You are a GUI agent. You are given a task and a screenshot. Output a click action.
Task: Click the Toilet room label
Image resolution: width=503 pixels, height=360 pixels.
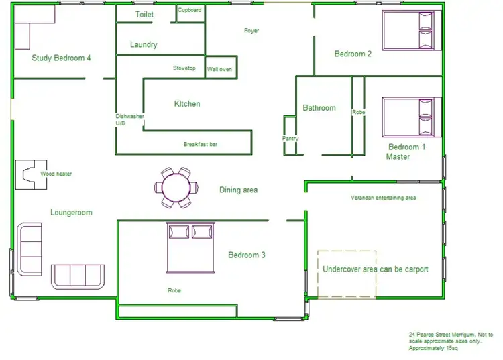(144, 14)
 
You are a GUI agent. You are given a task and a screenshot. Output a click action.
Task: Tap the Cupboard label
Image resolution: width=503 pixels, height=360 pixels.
(190, 10)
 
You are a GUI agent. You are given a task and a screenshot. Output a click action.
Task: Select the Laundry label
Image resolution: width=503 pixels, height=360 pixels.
(144, 45)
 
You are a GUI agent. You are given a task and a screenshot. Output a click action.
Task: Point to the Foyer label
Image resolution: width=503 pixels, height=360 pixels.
(251, 31)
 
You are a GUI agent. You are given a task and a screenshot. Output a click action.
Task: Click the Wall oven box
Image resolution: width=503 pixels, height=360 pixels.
(220, 68)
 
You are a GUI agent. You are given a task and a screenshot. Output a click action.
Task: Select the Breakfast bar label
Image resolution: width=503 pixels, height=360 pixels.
(201, 144)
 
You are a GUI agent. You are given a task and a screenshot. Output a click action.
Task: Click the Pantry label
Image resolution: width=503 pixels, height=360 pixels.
(290, 139)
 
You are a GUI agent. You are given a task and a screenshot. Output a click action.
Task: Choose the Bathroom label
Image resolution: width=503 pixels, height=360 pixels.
(319, 108)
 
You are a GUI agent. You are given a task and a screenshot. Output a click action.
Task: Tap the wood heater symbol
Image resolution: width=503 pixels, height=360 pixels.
(30, 174)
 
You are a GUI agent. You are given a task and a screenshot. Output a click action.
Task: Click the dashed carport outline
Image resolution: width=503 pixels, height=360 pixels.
(347, 274)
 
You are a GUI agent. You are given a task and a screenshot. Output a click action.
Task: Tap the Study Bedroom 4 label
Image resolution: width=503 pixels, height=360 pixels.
(61, 58)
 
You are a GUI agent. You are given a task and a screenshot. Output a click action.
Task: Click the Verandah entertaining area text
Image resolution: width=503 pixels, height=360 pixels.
(384, 198)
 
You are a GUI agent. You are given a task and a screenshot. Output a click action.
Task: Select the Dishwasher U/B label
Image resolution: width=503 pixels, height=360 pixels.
(129, 120)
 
